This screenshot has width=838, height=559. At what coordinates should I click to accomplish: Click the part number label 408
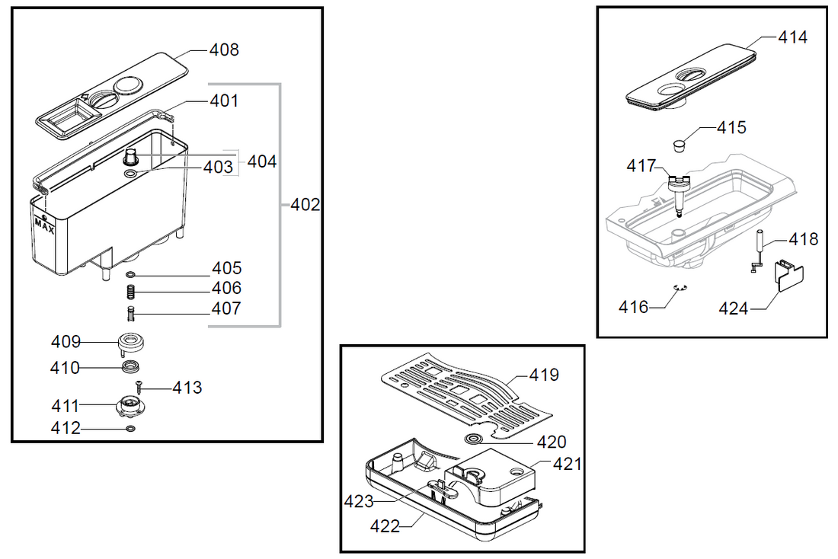click(224, 50)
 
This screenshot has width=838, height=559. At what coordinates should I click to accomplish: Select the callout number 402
click(305, 205)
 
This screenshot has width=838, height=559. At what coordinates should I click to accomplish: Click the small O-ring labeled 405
click(130, 274)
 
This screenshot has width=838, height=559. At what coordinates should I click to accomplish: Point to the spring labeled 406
click(130, 291)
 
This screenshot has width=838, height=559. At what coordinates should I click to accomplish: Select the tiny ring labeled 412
click(130, 430)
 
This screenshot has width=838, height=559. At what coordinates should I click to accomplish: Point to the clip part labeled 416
click(680, 287)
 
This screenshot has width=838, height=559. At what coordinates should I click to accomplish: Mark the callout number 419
click(543, 375)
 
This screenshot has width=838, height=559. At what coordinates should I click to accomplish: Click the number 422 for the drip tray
click(385, 526)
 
